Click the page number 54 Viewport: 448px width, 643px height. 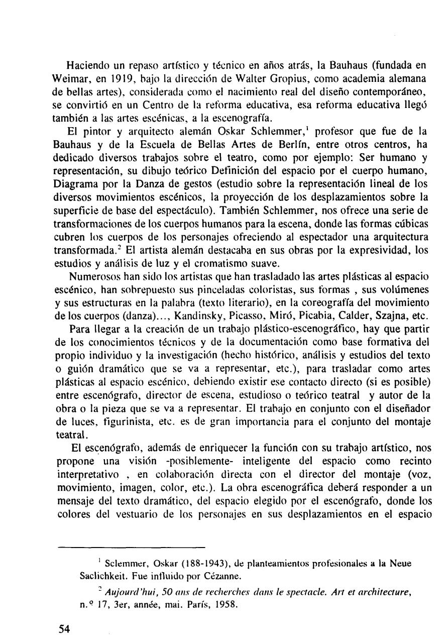tap(64, 629)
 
